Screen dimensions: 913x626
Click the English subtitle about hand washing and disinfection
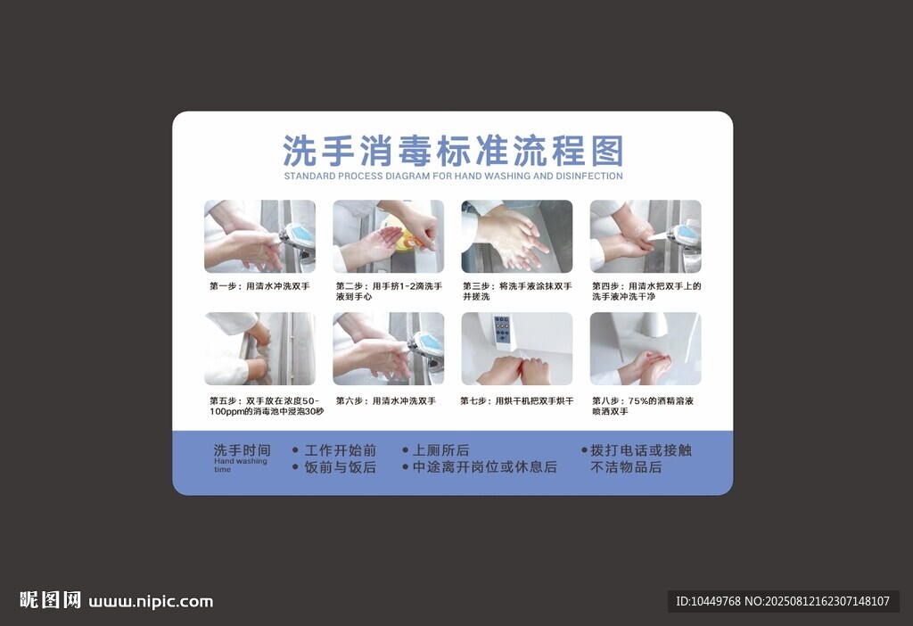tap(453, 176)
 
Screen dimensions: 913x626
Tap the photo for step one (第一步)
tap(259, 236)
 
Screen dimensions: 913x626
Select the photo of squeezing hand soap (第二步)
tap(389, 236)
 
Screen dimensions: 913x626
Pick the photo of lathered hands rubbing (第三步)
tap(517, 236)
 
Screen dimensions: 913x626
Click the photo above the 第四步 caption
tap(646, 236)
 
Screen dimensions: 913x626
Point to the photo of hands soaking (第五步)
tap(259, 349)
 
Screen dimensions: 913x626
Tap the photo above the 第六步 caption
tap(389, 349)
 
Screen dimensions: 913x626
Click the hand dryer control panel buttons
tap(502, 330)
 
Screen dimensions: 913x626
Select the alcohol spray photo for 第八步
tap(646, 349)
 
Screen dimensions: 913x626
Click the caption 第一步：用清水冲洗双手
tap(259, 286)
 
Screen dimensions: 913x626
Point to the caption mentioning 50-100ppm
tap(267, 407)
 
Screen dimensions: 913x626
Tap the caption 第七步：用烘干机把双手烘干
tap(517, 401)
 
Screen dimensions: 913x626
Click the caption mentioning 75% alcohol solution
tap(643, 407)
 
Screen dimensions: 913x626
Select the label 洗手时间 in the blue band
tap(243, 450)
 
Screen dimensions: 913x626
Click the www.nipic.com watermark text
tap(151, 602)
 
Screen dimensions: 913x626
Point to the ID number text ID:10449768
tap(708, 602)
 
